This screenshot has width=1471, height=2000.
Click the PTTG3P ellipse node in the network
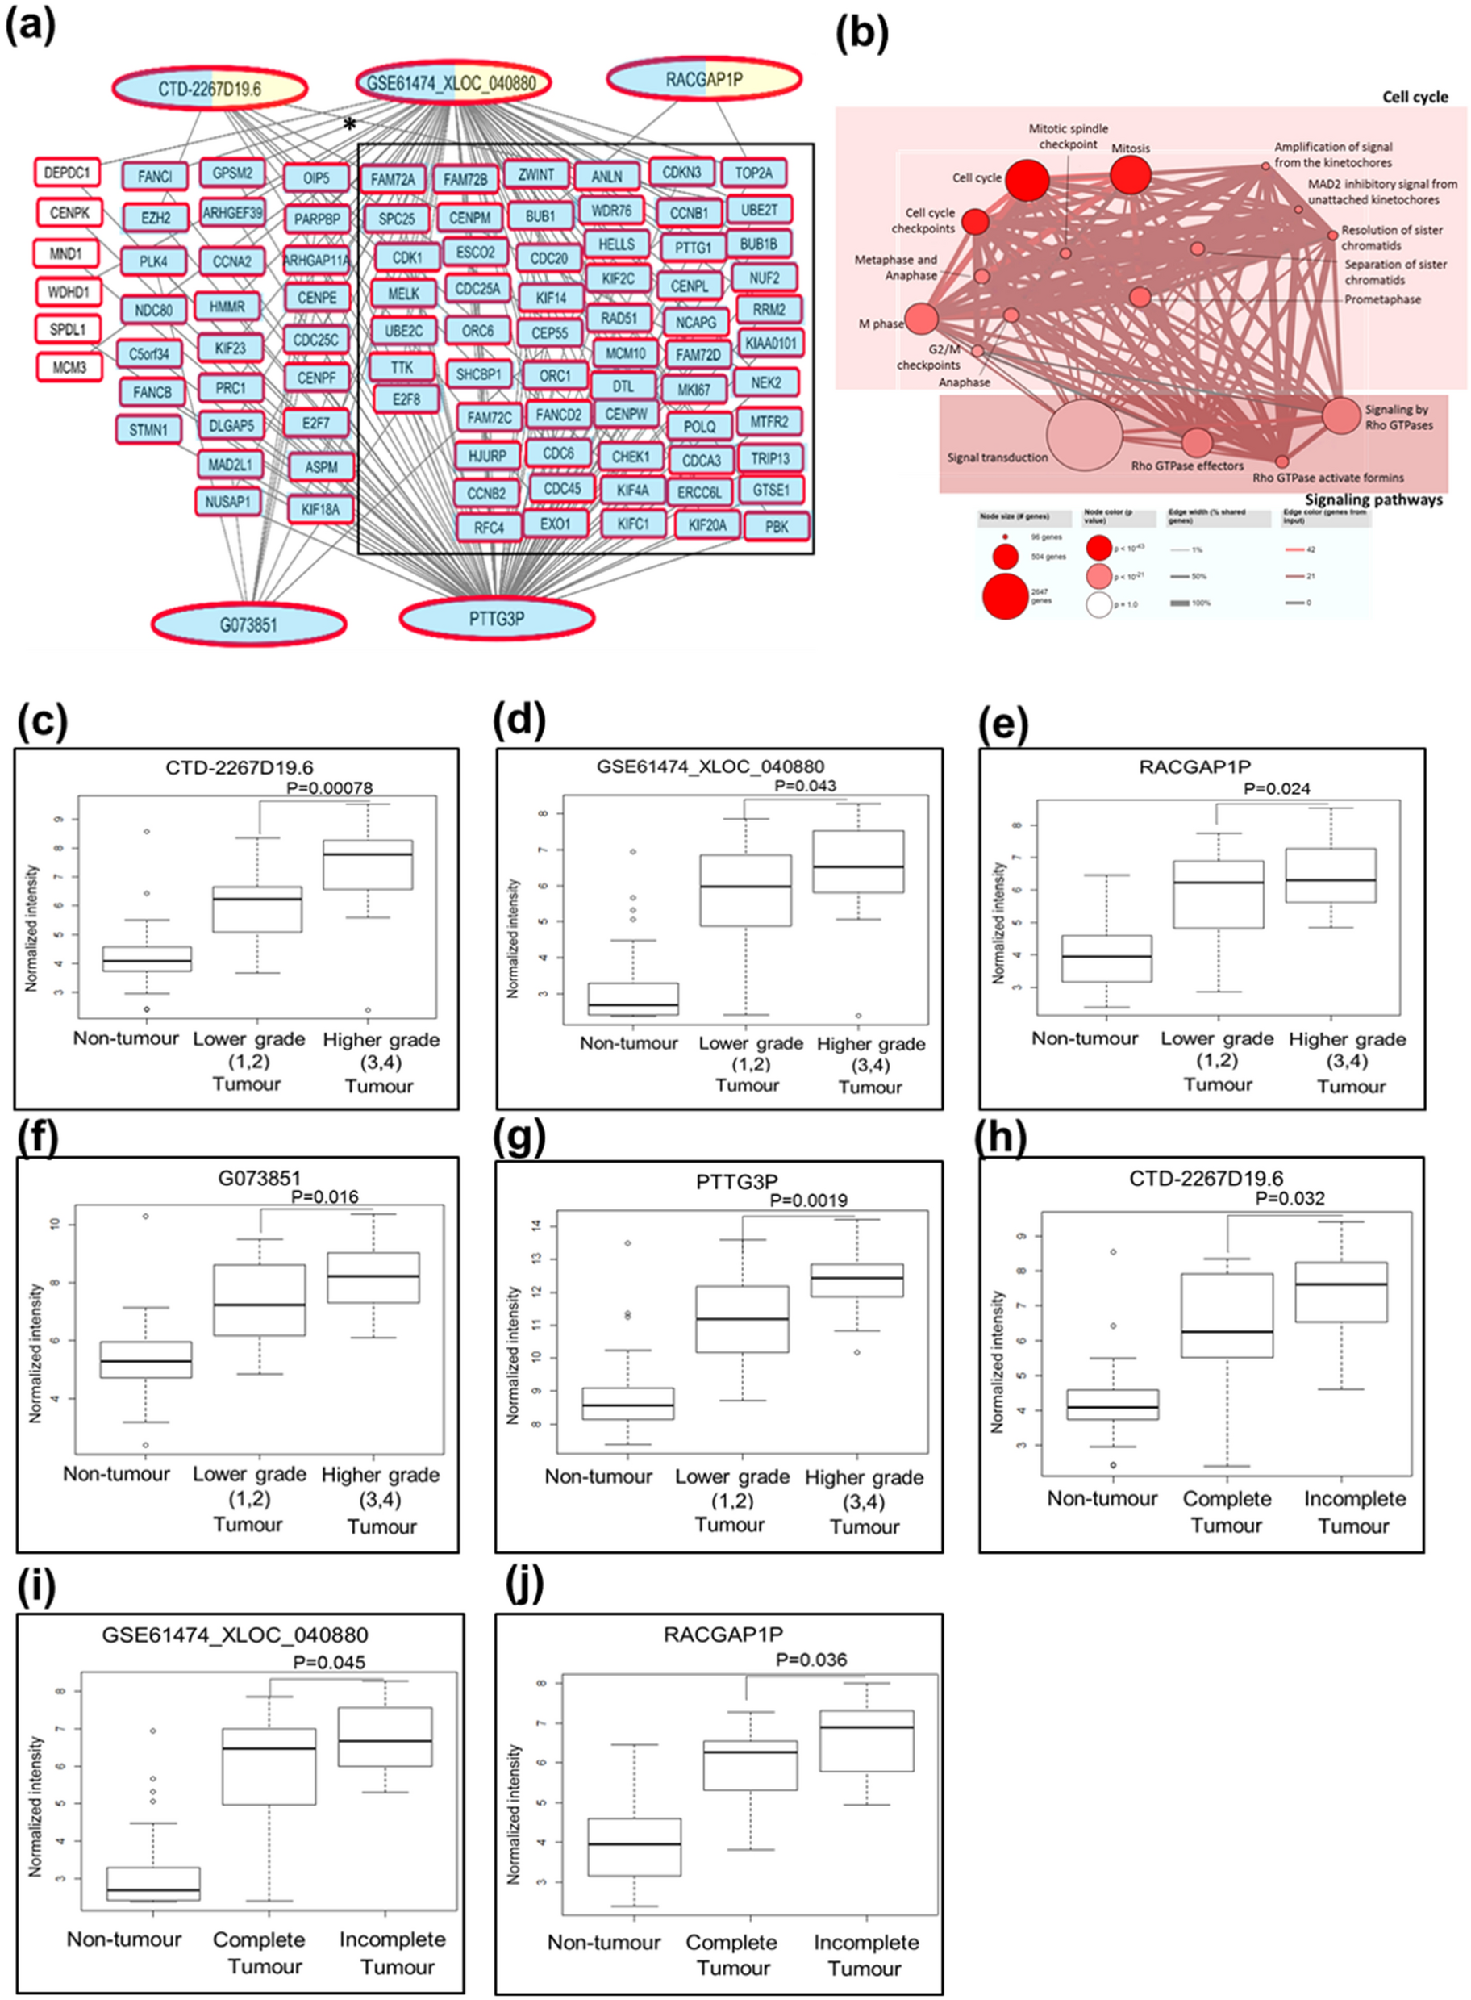click(x=497, y=616)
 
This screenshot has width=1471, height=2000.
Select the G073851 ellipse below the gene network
click(x=248, y=624)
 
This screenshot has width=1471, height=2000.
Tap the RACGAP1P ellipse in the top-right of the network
click(x=704, y=80)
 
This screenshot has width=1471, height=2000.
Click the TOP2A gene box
click(x=754, y=173)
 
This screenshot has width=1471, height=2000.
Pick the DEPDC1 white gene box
click(x=68, y=173)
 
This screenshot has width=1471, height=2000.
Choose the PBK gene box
click(x=777, y=527)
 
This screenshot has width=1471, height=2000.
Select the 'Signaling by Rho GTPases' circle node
click(x=1340, y=416)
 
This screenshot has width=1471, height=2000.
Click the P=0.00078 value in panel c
click(x=330, y=787)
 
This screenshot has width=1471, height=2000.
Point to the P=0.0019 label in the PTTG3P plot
click(x=809, y=1200)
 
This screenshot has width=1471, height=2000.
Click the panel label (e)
click(x=1003, y=726)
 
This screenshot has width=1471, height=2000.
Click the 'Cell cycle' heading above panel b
click(x=1414, y=96)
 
